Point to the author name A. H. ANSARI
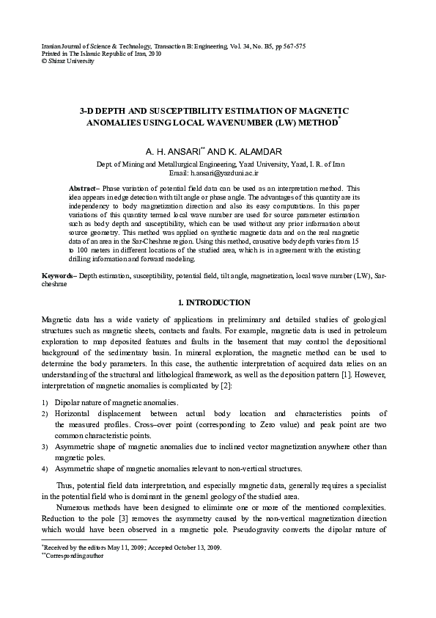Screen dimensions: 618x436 pos(174,152)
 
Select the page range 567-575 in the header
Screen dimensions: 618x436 pos(290,46)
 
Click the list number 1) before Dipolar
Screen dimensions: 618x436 pos(45,403)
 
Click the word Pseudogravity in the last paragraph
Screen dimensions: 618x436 pos(298,529)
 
